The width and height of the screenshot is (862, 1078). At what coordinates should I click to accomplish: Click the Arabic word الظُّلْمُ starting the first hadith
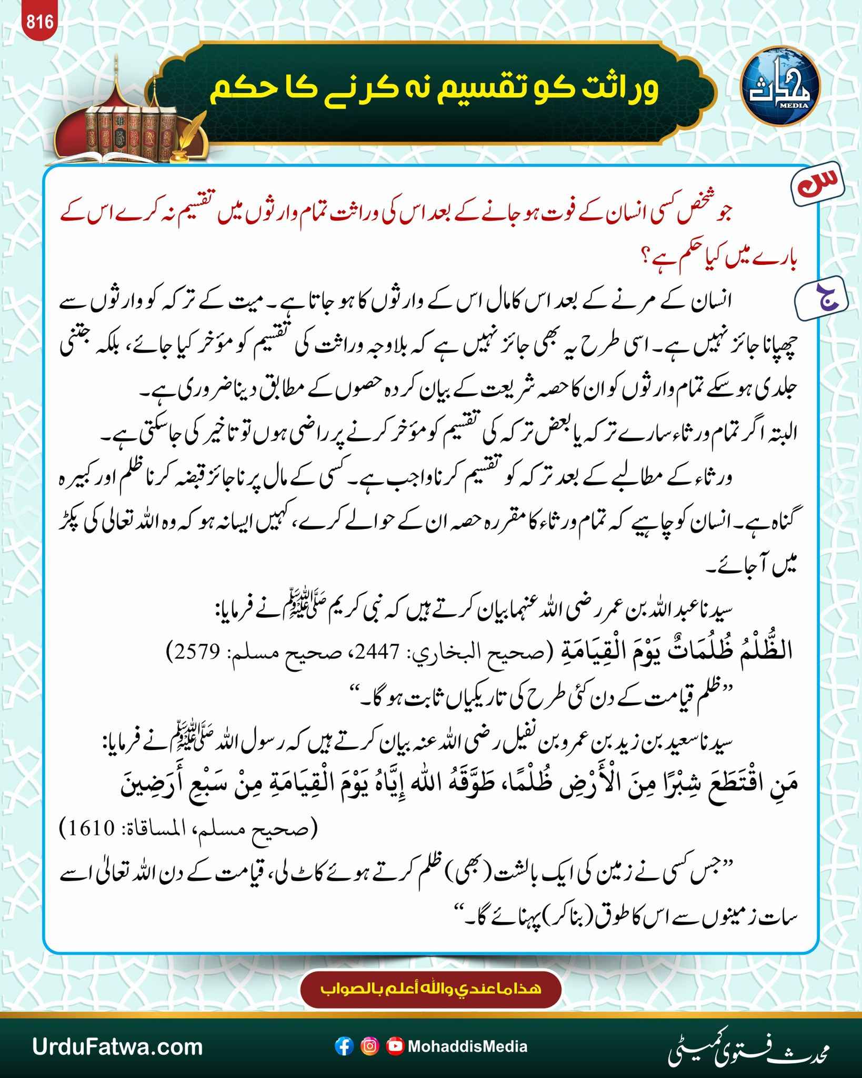[766, 653]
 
